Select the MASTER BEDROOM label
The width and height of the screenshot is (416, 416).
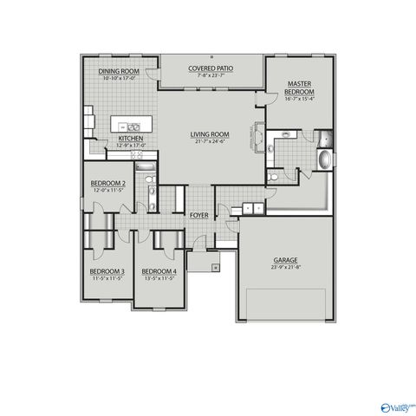[x=300, y=88]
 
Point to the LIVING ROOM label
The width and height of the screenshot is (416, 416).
[x=210, y=134]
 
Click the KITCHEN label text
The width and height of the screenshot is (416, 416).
[x=131, y=138]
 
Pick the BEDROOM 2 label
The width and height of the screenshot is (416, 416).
[x=108, y=183]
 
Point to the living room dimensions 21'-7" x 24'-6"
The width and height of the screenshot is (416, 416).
[x=210, y=141]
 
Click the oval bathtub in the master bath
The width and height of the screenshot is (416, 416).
[x=324, y=161]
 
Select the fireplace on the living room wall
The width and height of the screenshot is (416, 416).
[x=258, y=135]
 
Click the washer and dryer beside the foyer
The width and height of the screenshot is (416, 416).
[x=250, y=208]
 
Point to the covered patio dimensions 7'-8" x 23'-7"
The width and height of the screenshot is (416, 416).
[x=211, y=75]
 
